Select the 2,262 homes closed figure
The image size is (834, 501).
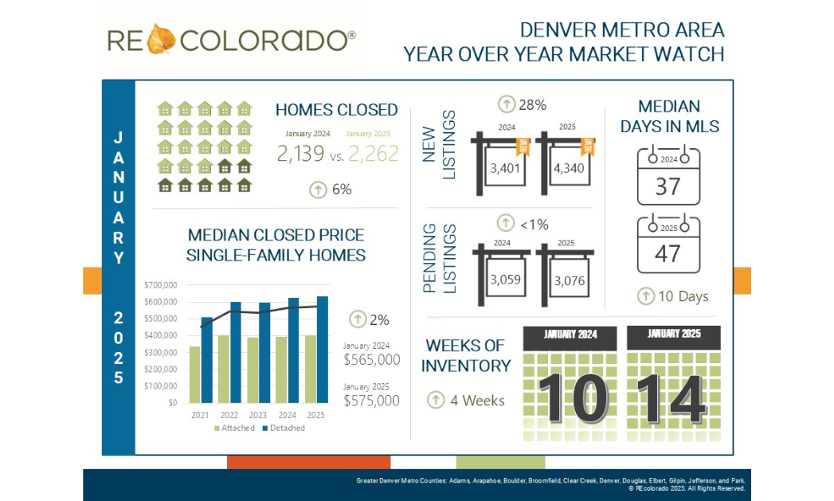click(x=373, y=154)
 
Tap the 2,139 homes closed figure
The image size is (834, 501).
click(x=301, y=154)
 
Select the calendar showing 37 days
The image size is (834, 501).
click(x=668, y=176)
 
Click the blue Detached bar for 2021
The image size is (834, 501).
click(x=207, y=360)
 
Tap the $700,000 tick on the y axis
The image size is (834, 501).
click(x=160, y=284)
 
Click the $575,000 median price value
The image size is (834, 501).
click(x=372, y=401)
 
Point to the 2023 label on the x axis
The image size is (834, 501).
click(x=257, y=416)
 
